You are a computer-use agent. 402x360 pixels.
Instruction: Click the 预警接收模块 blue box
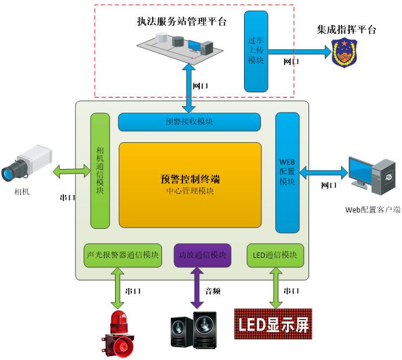coord(189,122)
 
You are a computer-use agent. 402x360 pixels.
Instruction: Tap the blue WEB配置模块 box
coord(287,172)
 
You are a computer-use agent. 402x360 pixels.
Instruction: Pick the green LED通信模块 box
coord(275,255)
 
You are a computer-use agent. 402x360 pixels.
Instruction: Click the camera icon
coord(26,164)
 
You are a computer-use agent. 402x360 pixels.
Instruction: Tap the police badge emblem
coord(345,53)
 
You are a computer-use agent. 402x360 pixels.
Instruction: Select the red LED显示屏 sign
coord(272,324)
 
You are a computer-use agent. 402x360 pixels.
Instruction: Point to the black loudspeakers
coord(195,330)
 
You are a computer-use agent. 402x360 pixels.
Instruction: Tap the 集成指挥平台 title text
coord(346,30)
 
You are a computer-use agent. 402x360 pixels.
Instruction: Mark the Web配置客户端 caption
coord(372,210)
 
